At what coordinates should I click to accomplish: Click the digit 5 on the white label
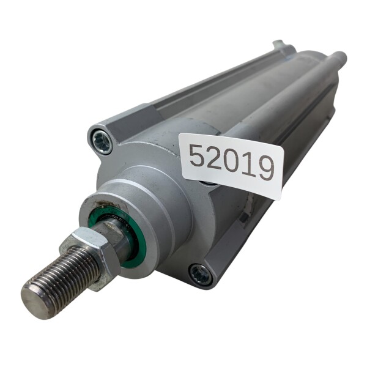(196, 156)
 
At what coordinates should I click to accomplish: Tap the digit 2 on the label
(214, 159)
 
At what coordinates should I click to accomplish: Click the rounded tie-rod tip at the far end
(340, 57)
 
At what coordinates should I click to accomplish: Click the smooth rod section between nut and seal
(116, 235)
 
